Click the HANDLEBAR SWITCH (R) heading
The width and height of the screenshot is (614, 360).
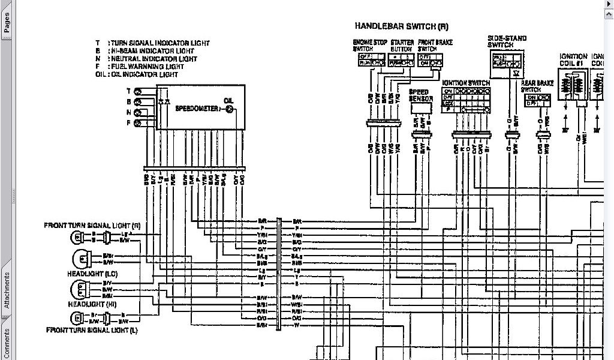401,26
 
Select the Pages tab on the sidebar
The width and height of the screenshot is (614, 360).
6,23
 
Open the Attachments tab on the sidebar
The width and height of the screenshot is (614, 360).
6,290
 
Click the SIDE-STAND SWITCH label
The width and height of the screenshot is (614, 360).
507,41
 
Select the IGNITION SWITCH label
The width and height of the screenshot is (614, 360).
466,83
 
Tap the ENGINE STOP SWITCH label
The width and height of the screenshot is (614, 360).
371,46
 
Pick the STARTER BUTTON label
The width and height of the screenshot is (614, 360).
402,46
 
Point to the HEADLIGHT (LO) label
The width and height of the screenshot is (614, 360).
93,273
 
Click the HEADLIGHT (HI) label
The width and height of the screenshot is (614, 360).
92,304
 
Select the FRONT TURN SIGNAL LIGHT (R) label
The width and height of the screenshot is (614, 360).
92,225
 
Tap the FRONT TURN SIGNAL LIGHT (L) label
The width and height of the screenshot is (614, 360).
91,330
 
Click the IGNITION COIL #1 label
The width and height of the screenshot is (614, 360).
573,60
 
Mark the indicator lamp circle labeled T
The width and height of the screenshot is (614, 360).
137,91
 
